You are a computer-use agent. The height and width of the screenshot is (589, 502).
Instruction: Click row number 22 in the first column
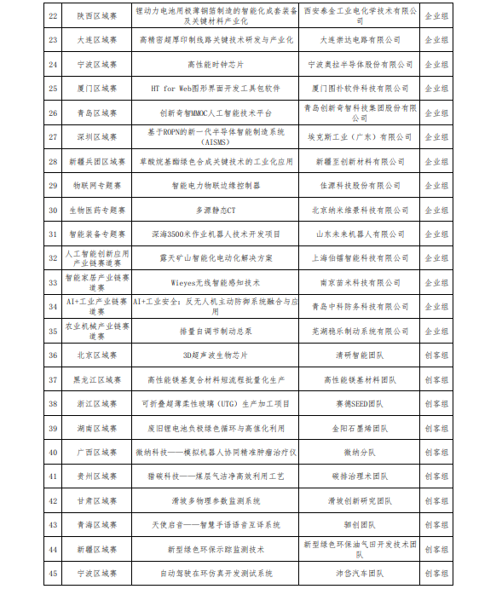52,15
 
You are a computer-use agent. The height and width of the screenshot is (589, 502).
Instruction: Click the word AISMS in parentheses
216,142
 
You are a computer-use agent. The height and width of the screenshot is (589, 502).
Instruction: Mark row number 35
52,331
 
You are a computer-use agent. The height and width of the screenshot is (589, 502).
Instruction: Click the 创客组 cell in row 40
438,452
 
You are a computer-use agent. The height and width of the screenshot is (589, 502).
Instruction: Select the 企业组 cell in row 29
438,185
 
